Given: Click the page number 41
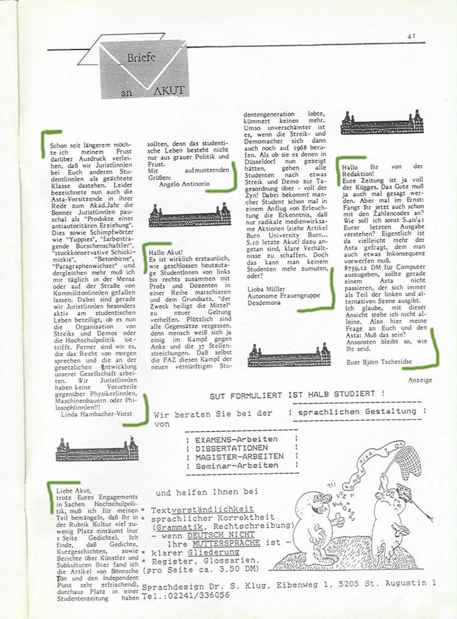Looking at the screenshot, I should [x=412, y=37].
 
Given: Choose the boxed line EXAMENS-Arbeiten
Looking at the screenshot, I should [x=238, y=439].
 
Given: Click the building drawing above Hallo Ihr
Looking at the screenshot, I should [x=382, y=122].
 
